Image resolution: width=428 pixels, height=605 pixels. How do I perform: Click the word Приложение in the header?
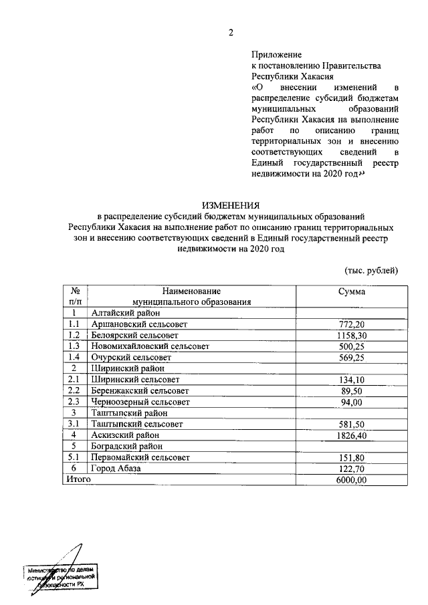point(277,54)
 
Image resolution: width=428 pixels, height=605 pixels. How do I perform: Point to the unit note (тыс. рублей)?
point(371,270)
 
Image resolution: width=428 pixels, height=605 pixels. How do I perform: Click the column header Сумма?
point(352,291)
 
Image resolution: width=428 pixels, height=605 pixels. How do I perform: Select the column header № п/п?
point(76,296)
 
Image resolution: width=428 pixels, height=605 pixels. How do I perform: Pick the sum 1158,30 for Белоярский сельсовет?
point(351,335)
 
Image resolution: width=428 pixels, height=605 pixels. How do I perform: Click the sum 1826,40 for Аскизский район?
point(351,435)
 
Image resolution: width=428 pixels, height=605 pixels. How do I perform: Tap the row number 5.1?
point(74,457)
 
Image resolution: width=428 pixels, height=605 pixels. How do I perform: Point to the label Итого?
point(77,479)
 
